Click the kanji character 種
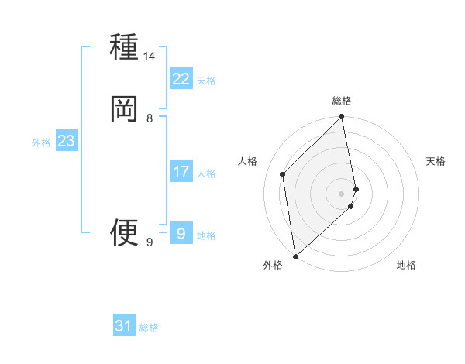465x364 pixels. pyautogui.click(x=124, y=48)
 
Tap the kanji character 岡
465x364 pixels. pyautogui.click(x=124, y=109)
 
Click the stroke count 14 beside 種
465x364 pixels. pyautogui.click(x=150, y=57)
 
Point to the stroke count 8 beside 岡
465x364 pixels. pyautogui.click(x=150, y=118)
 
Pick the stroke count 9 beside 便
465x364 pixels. pyautogui.click(x=150, y=242)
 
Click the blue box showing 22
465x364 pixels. pyautogui.click(x=181, y=79)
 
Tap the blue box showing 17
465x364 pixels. pyautogui.click(x=181, y=172)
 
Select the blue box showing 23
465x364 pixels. pyautogui.click(x=66, y=141)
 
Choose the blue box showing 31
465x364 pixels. pyautogui.click(x=124, y=326)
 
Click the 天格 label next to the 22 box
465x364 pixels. pyautogui.click(x=206, y=81)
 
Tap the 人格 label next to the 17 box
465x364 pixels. pyautogui.click(x=206, y=173)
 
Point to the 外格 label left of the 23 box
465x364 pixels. pyautogui.click(x=41, y=143)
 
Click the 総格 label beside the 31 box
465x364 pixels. pyautogui.click(x=149, y=328)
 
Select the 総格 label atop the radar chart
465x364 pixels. pyautogui.click(x=342, y=101)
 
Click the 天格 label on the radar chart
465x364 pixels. pyautogui.click(x=436, y=161)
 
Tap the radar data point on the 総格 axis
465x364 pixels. pyautogui.click(x=342, y=118)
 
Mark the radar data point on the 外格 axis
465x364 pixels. pyautogui.click(x=295, y=256)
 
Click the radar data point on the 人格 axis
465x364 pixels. pyautogui.click(x=283, y=174)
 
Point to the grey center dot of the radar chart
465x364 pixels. pyautogui.click(x=342, y=193)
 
